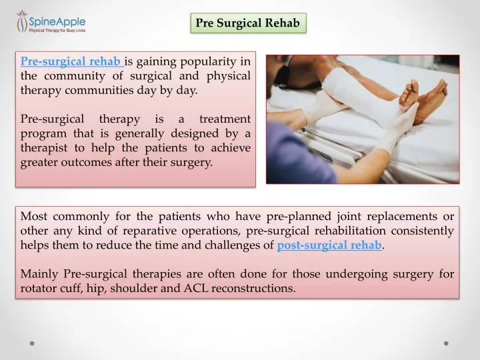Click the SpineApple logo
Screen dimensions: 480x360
51,22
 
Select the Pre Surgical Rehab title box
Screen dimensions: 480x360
248,23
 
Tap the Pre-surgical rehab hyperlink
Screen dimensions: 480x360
71,61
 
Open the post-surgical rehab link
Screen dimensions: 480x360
329,245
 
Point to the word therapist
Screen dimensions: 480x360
44,148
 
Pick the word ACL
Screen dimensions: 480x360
196,289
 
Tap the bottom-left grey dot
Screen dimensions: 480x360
32,343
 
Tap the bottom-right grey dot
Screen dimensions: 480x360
446,343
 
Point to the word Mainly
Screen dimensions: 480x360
39,274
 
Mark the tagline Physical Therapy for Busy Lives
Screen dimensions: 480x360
57,30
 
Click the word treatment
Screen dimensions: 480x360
225,119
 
